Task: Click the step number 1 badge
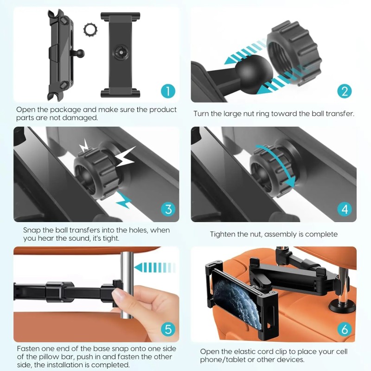[x=168, y=90]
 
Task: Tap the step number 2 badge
[x=344, y=90]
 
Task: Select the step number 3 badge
[x=168, y=209]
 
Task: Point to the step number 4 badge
[x=344, y=209]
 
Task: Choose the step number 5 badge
[x=168, y=329]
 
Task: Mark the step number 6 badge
[x=344, y=329]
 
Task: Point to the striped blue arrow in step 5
[x=152, y=267]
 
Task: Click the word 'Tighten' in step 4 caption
[x=224, y=234]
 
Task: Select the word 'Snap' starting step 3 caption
[x=32, y=230]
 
